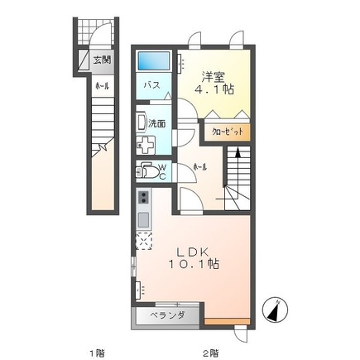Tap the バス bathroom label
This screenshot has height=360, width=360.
point(151,84)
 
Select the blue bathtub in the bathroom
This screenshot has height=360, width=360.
point(153,60)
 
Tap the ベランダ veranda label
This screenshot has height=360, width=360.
point(167,315)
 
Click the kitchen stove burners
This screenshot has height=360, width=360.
point(143,199)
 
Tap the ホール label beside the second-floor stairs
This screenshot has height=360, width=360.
point(199,166)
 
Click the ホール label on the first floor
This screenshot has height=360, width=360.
point(100,85)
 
